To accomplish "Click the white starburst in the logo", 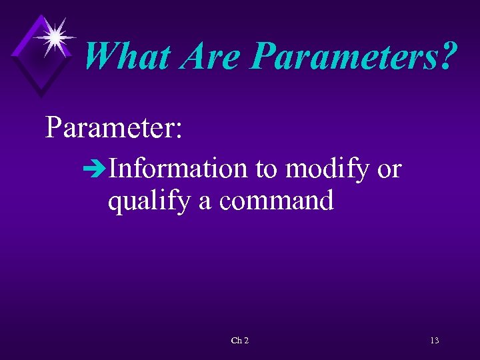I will point(55,35).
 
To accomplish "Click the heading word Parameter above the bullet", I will point(107,127).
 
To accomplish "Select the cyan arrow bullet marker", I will point(97,170).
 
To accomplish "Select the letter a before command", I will point(205,201).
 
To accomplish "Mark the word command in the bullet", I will point(275,200).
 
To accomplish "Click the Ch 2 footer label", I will point(240,341).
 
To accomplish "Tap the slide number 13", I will point(435,341).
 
